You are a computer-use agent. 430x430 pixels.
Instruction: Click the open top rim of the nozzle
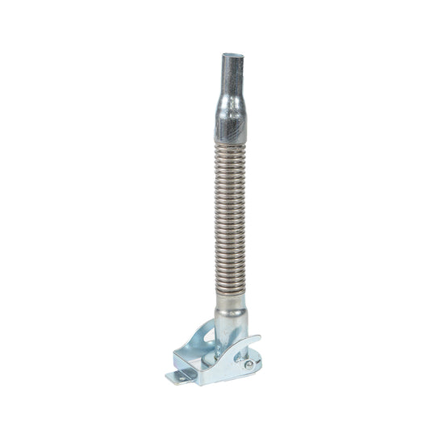[x=232, y=56]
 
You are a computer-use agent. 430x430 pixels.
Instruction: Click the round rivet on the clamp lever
[x=248, y=364]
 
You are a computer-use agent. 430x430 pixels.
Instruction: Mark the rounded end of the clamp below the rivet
[x=249, y=373]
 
